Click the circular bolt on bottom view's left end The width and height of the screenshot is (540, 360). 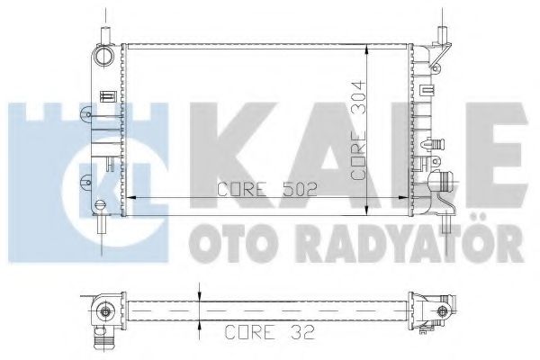click(x=107, y=314)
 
